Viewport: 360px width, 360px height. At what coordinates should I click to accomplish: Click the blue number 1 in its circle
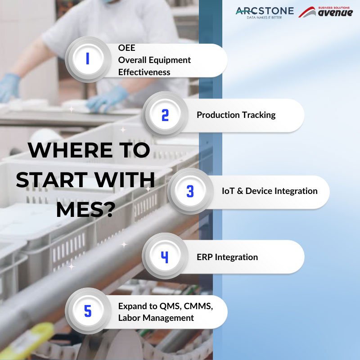pyautogui.click(x=87, y=58)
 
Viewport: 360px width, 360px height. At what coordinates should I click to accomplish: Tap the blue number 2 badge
pyautogui.click(x=165, y=115)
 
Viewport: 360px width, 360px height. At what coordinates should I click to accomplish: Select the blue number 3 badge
pyautogui.click(x=190, y=191)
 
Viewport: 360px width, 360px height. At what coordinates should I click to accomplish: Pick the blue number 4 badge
pyautogui.click(x=165, y=257)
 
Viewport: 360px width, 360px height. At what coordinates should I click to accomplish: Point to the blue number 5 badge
pyautogui.click(x=88, y=311)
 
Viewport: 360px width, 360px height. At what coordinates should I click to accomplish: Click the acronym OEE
pyautogui.click(x=126, y=48)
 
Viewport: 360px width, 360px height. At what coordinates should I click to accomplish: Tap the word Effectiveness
pyautogui.click(x=144, y=72)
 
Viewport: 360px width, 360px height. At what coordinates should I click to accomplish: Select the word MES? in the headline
pyautogui.click(x=85, y=210)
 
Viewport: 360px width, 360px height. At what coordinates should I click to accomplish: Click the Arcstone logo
pyautogui.click(x=265, y=13)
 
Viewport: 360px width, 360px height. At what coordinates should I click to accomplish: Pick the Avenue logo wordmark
pyautogui.click(x=335, y=13)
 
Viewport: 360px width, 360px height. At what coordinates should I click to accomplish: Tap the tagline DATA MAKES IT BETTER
pyautogui.click(x=264, y=18)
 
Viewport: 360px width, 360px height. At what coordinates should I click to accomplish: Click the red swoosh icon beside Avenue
pyautogui.click(x=307, y=12)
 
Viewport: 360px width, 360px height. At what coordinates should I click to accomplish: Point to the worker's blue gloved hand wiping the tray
pyautogui.click(x=107, y=99)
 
